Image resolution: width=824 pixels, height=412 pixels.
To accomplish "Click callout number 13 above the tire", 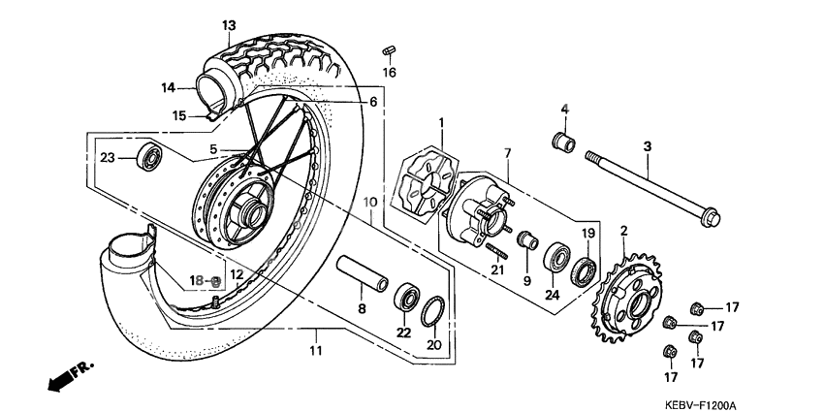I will pos(229,24).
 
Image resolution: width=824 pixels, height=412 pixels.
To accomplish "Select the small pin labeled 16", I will pos(389,49).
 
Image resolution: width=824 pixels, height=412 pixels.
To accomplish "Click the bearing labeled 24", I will pos(557,260).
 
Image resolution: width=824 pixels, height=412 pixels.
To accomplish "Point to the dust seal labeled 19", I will pos(586,269).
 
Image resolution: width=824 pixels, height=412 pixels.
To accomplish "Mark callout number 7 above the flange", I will pos(505,153).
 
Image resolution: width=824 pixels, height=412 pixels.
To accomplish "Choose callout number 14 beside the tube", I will pos(169,87).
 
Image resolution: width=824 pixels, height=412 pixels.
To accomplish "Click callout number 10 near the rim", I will pos(369,203).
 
